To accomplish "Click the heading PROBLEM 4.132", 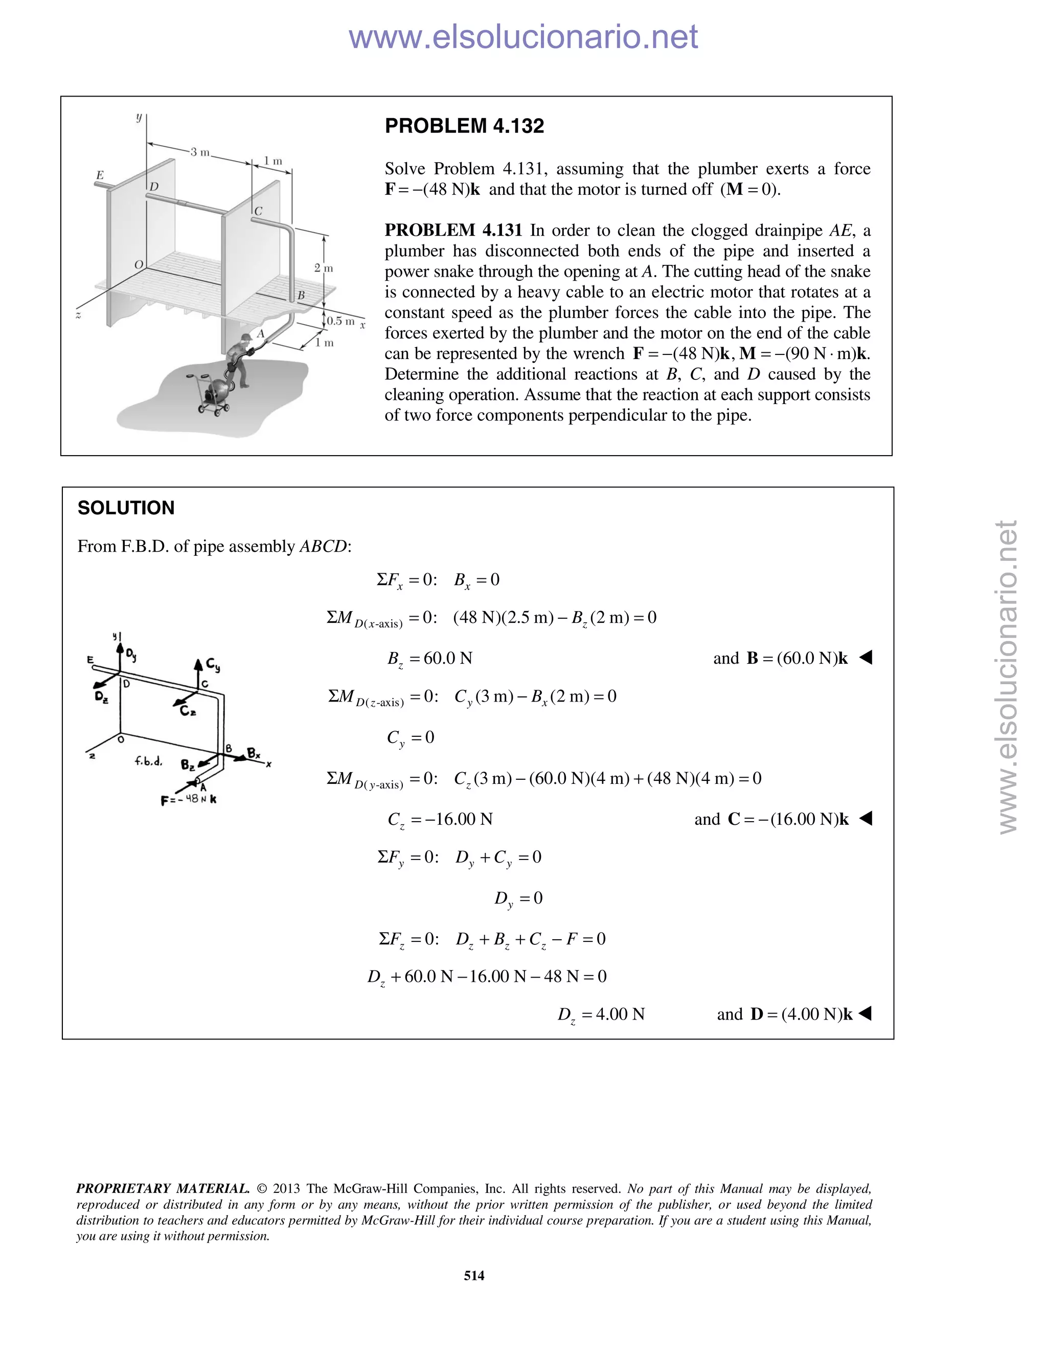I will tap(464, 126).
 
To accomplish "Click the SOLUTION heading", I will tap(126, 508).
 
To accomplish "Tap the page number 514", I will tap(474, 1275).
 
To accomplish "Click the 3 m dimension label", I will tap(200, 152).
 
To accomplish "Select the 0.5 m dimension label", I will tap(340, 321).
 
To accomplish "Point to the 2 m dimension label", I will tap(323, 268).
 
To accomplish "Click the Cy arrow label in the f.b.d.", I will tap(213, 666).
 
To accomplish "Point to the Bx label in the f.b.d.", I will tap(254, 753).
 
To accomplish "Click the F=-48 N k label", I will tap(189, 800).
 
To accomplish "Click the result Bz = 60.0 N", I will tap(430, 658).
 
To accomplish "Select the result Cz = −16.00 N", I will tap(440, 820).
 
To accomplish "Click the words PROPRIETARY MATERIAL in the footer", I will tap(163, 1189).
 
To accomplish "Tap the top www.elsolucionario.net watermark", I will tap(523, 37).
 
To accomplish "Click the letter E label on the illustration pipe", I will tap(100, 175).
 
